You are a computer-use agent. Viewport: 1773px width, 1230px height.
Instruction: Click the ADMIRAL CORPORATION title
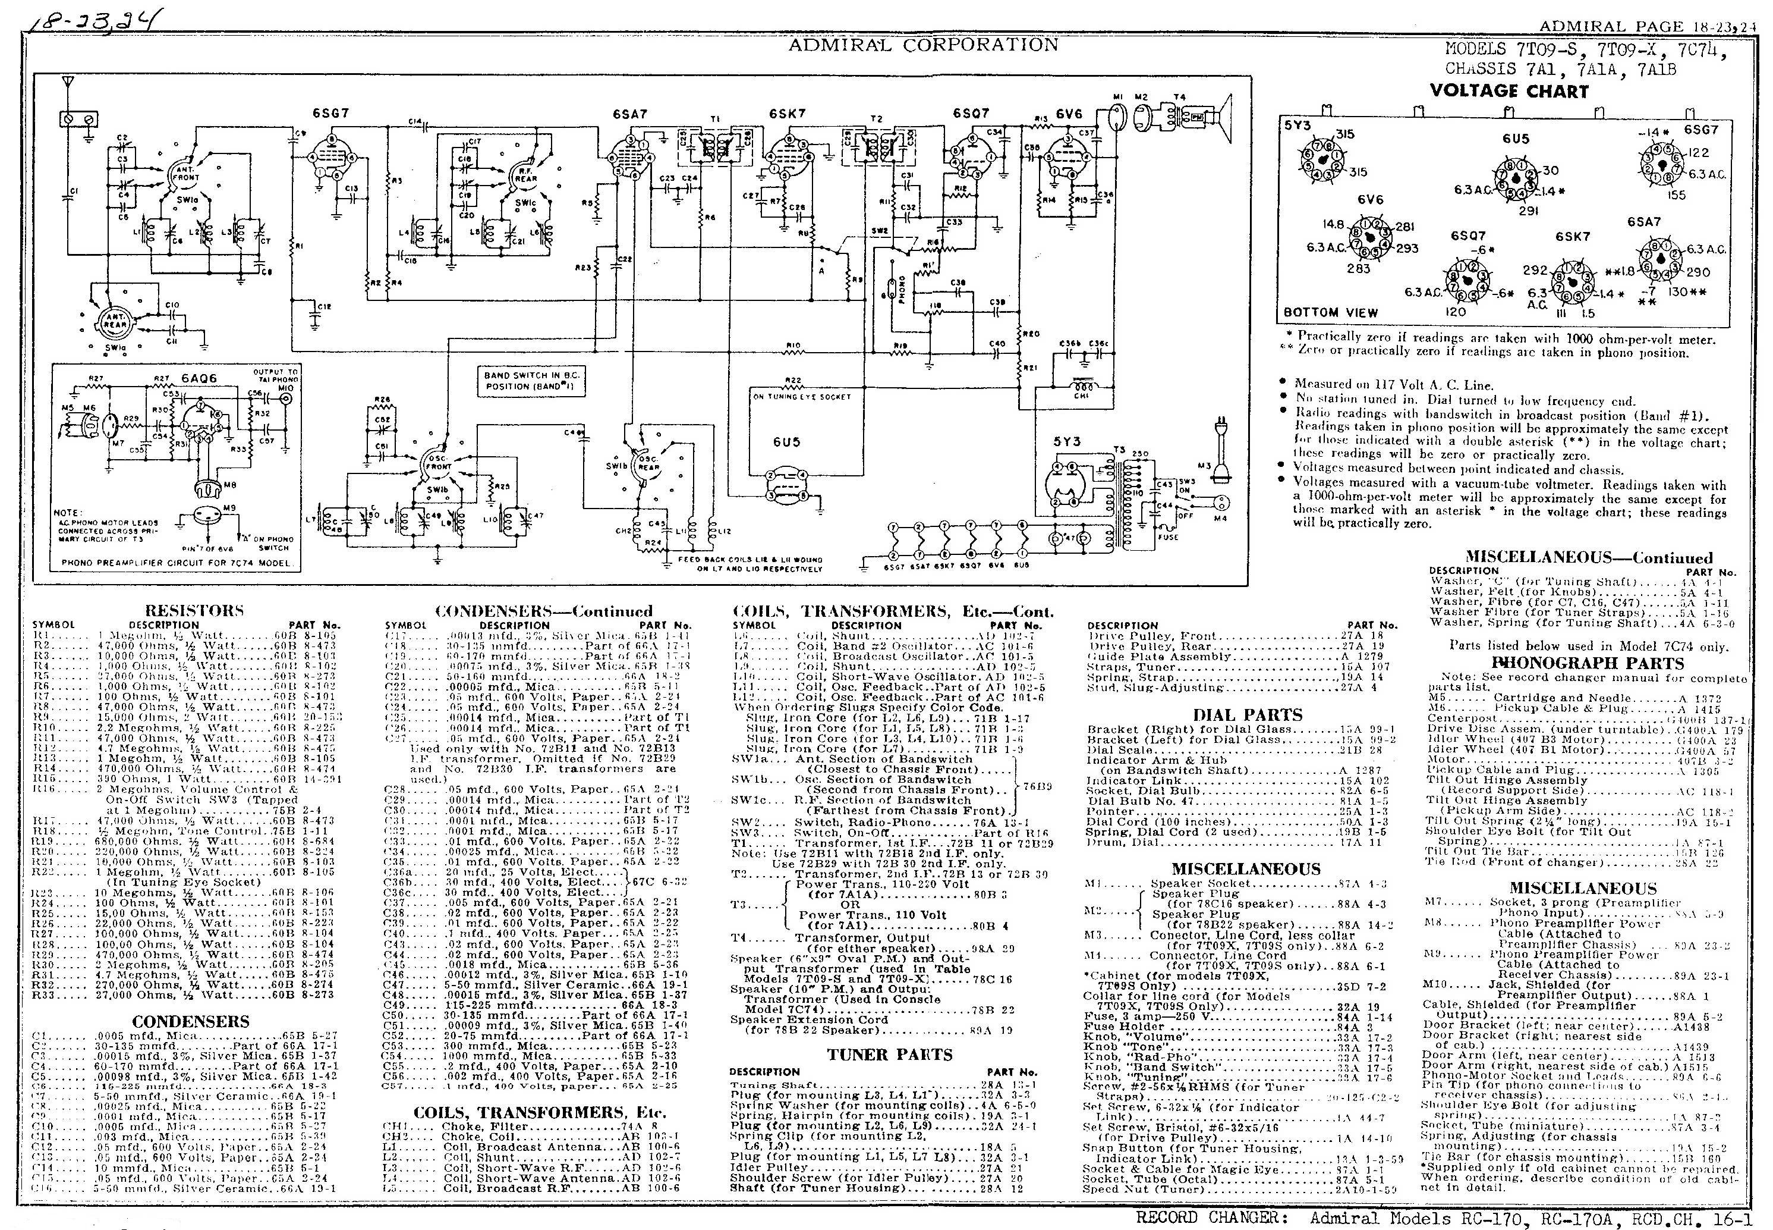pos(922,45)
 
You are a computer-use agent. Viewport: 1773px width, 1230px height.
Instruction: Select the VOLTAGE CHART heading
pos(1509,91)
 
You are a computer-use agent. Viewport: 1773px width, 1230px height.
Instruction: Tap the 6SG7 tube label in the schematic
pos(330,113)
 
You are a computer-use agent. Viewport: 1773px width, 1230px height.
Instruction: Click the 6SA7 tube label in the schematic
pos(629,114)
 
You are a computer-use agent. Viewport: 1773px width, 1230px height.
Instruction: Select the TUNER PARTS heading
pos(890,1055)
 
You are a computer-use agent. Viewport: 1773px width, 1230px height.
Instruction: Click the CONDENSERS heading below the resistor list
pos(190,1022)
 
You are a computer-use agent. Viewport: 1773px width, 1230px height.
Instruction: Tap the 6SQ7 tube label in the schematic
pos(971,113)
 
